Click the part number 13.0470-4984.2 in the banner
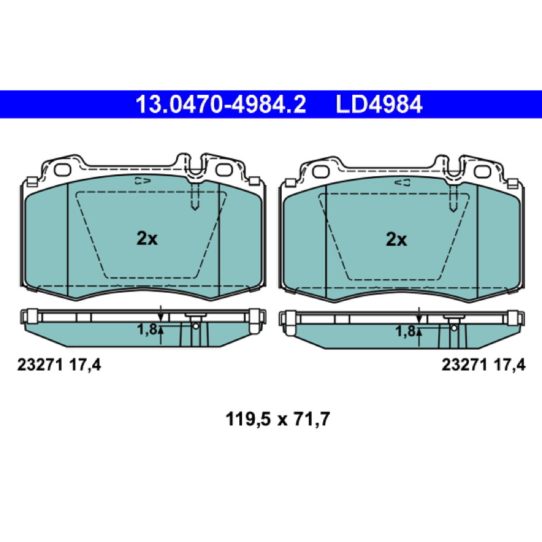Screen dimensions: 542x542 pyautogui.click(x=221, y=104)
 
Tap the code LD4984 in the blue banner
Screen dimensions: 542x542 pyautogui.click(x=379, y=104)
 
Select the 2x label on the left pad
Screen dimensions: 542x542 pyautogui.click(x=147, y=238)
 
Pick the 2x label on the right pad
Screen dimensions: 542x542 pyautogui.click(x=396, y=239)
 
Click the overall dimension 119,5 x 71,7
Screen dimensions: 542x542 pyautogui.click(x=278, y=419)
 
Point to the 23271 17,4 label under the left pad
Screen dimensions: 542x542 pyautogui.click(x=59, y=365)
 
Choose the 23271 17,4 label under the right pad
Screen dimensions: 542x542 pyautogui.click(x=483, y=365)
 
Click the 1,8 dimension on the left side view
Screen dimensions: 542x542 pyautogui.click(x=147, y=329)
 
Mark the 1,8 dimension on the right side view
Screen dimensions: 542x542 pyautogui.click(x=405, y=331)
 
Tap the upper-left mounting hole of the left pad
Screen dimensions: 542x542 pyautogui.click(x=62, y=170)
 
